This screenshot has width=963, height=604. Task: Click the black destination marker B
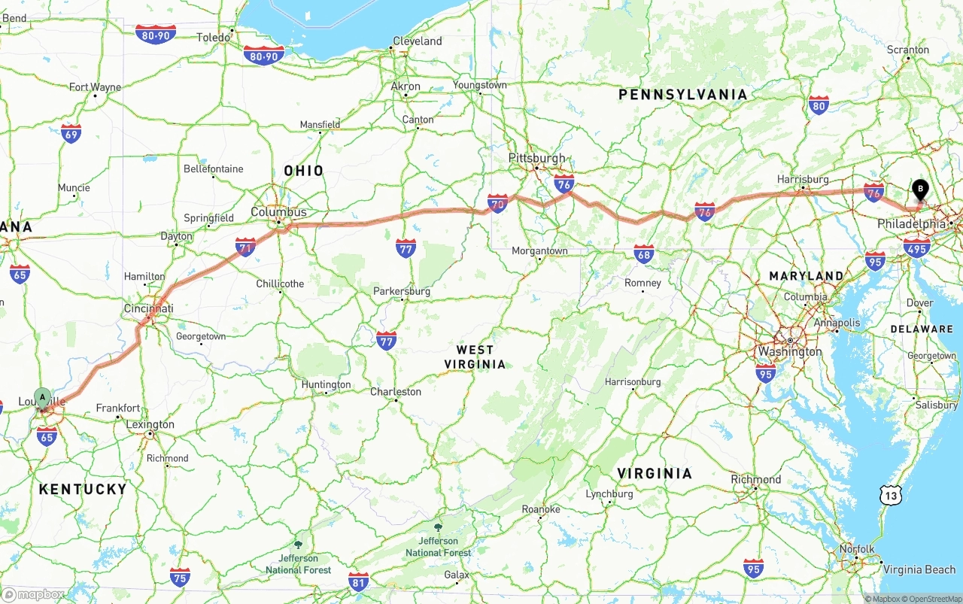pos(919,189)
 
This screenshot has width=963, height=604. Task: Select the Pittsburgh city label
pos(536,158)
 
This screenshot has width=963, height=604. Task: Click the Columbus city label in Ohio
pos(278,212)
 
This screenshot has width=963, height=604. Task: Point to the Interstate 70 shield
pos(497,202)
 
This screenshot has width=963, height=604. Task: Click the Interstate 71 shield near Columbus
pos(245,246)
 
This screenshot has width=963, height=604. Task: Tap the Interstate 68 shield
pos(643,253)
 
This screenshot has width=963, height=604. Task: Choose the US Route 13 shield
pos(891,494)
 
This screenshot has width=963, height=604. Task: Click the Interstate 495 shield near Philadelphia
pos(916,247)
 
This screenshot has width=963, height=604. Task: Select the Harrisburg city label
pos(803,179)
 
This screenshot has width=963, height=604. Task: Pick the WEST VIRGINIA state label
pos(475,357)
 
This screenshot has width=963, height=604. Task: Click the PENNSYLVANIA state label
pos(682,94)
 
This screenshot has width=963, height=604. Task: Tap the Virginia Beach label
pos(919,569)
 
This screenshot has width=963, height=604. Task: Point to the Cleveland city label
pos(417,41)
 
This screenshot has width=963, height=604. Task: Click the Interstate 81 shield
pos(359,581)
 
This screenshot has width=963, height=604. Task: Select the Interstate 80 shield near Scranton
pos(818,105)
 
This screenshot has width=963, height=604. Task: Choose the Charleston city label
pos(395,391)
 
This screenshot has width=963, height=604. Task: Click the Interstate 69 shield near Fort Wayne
pos(71,133)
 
